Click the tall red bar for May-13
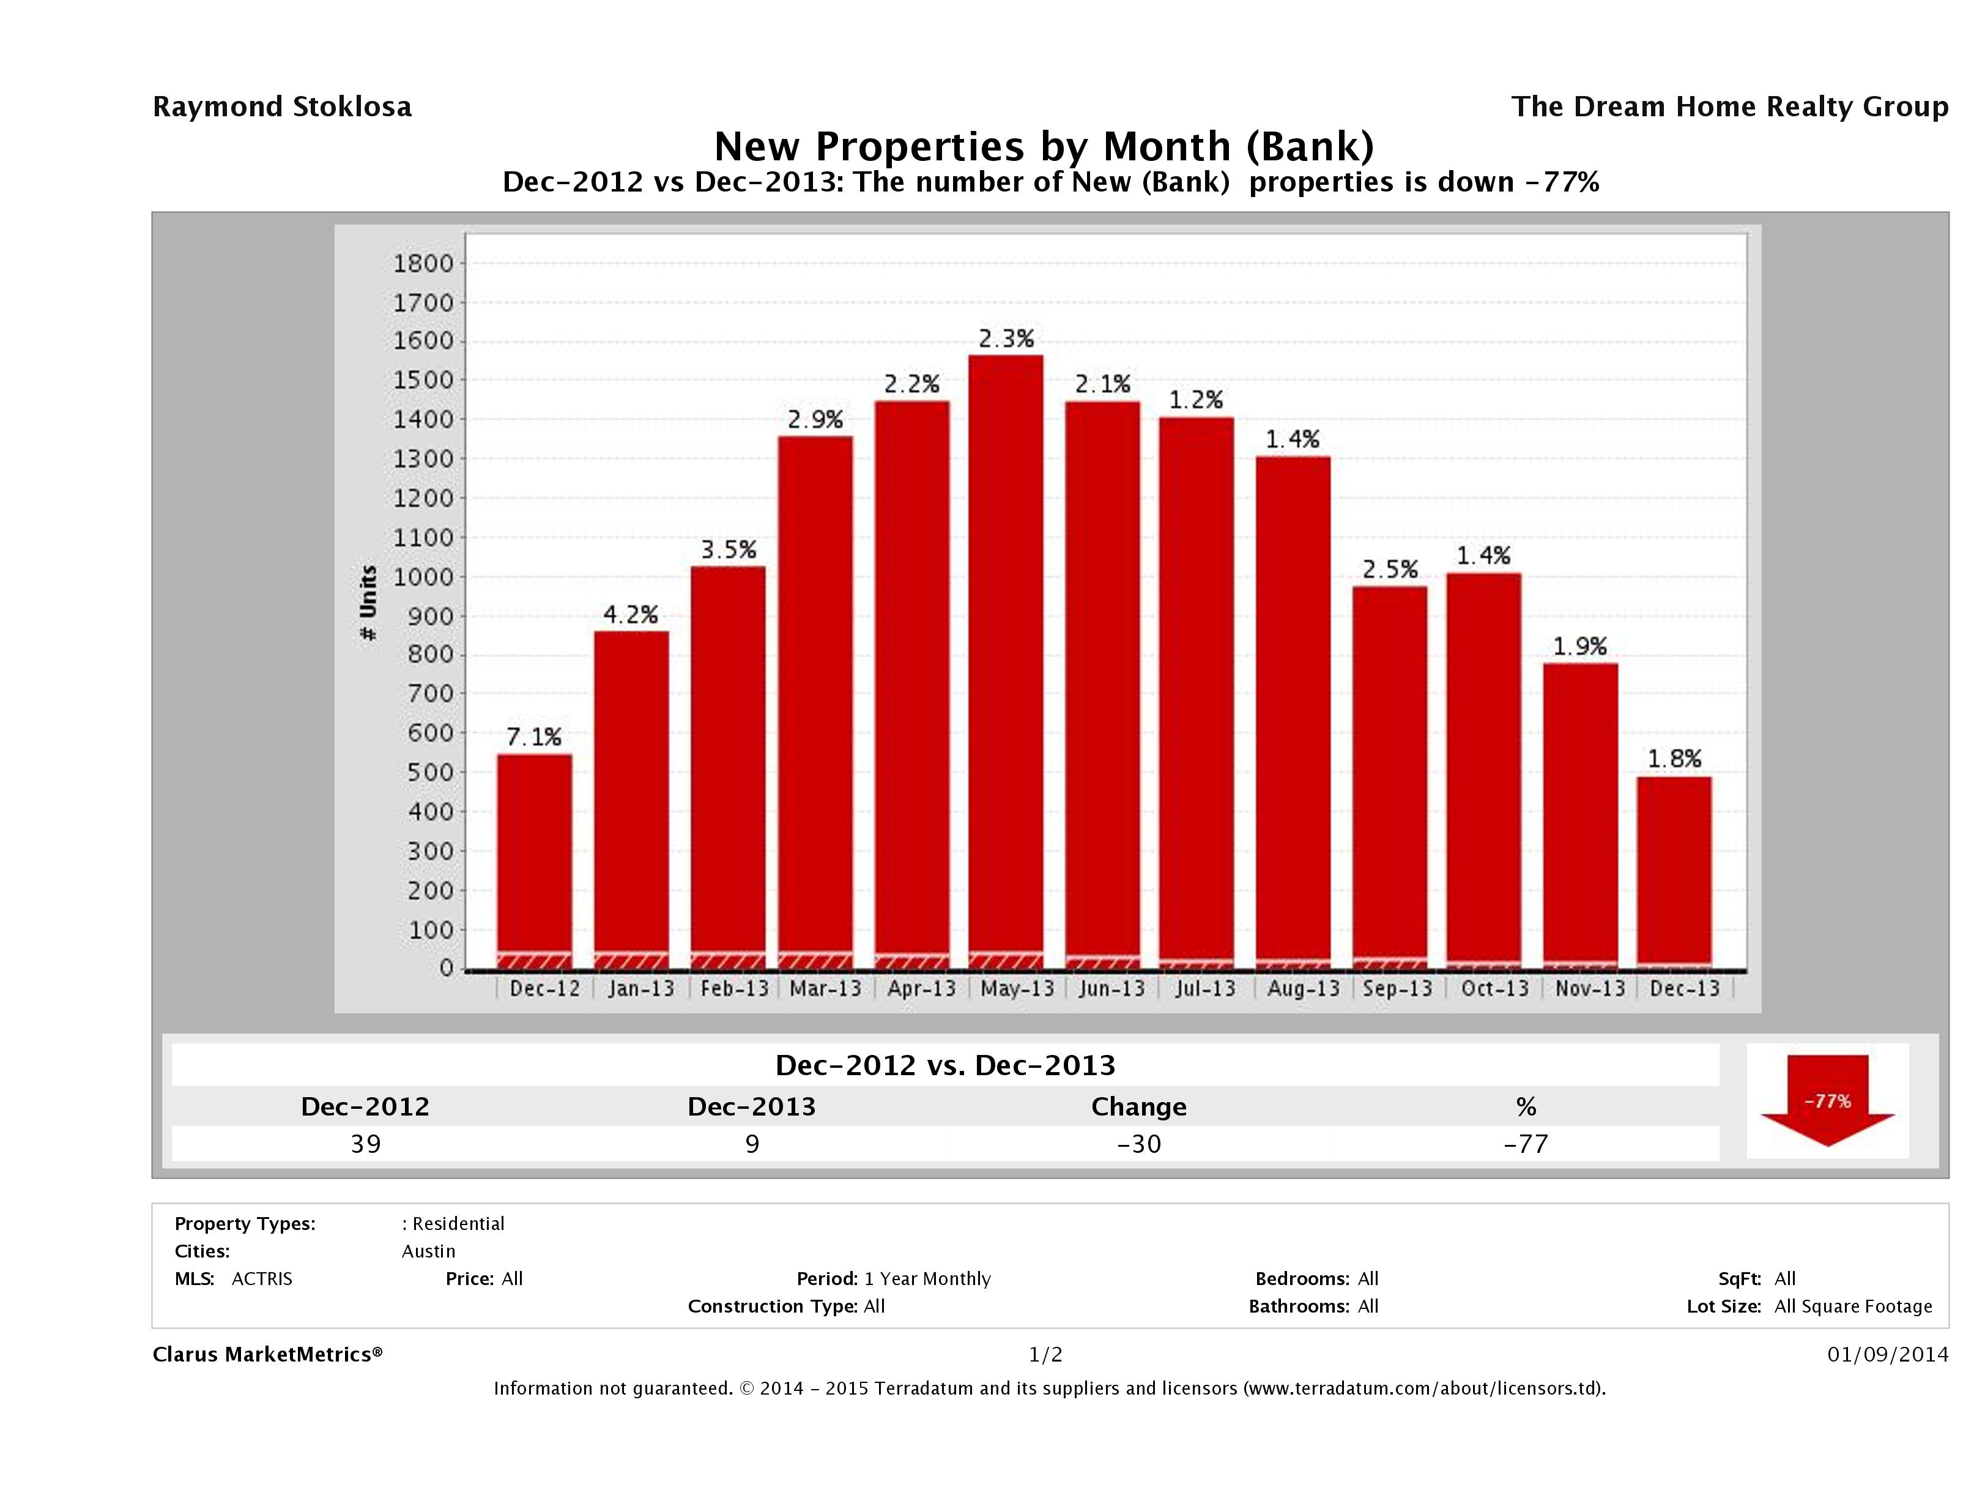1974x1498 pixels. point(1006,661)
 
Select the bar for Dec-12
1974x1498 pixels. point(535,862)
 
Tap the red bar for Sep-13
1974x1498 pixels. point(1389,777)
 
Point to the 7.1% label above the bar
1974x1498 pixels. point(533,737)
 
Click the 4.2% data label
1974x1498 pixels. point(630,614)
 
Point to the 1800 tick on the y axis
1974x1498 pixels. point(423,263)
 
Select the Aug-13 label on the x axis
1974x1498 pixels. point(1303,988)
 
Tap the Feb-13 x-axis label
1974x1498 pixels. point(733,988)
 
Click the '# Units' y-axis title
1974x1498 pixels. point(368,603)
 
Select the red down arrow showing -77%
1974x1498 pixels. point(1827,1101)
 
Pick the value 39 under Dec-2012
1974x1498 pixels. point(366,1144)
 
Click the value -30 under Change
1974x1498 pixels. point(1139,1144)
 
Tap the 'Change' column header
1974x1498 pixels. point(1139,1107)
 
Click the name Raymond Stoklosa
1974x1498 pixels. point(282,106)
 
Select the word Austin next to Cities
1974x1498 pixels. point(428,1251)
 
